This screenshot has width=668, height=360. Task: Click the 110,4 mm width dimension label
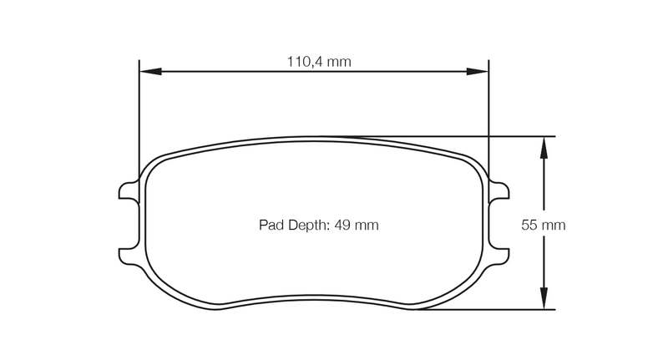(319, 62)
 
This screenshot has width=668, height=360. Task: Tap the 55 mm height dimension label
(544, 225)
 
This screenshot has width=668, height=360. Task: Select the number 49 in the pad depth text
(342, 225)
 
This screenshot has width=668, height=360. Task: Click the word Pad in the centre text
(271, 225)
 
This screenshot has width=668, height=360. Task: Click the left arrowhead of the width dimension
(150, 72)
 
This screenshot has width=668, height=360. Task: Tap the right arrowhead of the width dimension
(478, 72)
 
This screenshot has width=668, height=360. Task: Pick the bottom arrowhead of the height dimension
(544, 298)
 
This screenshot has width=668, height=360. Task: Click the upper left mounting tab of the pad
(129, 190)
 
